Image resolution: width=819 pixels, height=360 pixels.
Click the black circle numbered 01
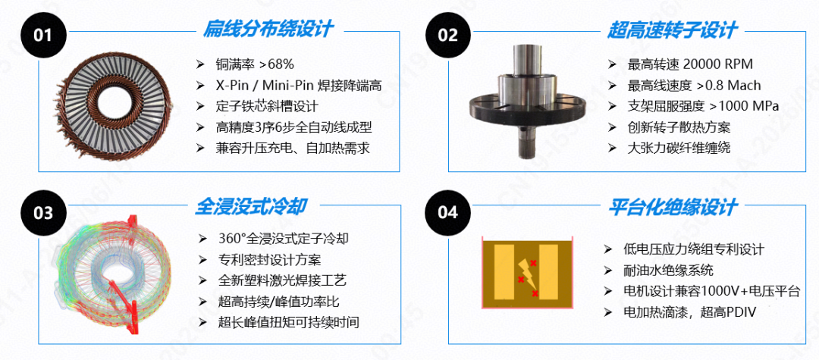(42, 35)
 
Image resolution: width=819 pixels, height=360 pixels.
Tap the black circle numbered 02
(448, 35)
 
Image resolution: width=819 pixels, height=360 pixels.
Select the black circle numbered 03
(42, 212)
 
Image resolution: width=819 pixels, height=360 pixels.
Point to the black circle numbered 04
(448, 212)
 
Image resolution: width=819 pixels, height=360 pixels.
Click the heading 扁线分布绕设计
(268, 29)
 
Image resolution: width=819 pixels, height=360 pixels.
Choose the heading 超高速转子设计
(672, 30)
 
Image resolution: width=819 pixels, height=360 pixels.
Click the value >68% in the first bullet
(277, 64)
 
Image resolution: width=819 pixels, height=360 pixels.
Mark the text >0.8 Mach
(730, 86)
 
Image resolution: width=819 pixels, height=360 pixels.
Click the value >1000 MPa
(745, 106)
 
